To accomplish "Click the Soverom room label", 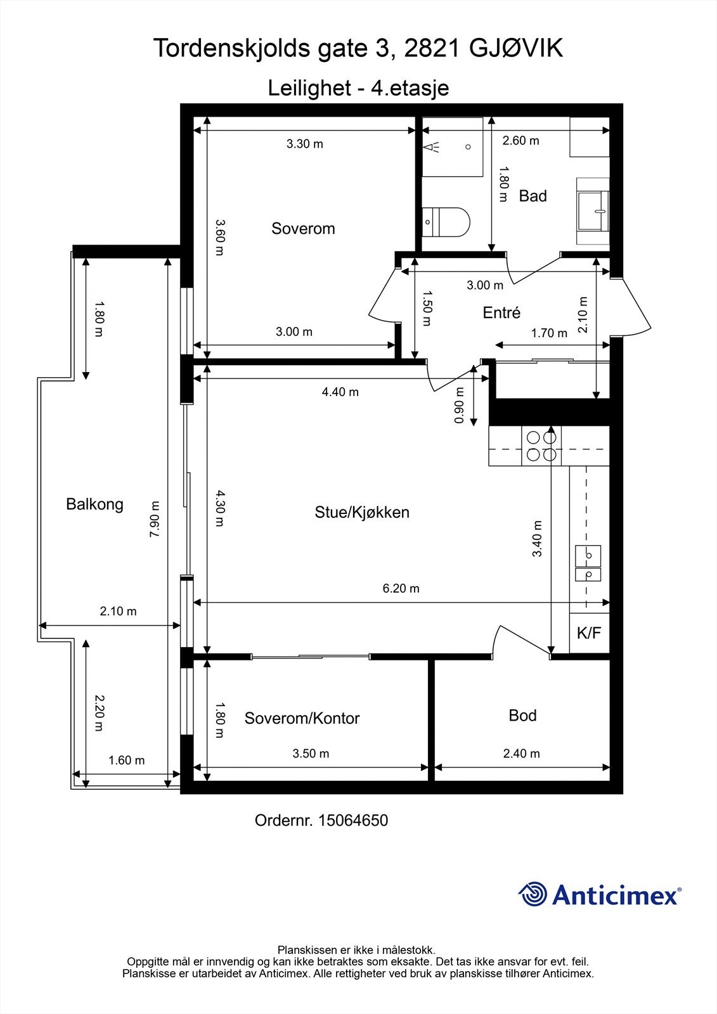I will (x=303, y=229).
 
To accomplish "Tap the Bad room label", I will (x=533, y=196).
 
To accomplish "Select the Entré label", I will (x=501, y=312).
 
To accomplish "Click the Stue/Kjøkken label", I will (x=362, y=512).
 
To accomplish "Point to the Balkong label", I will (x=94, y=504).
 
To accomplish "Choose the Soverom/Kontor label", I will (x=302, y=718).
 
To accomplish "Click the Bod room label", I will (x=522, y=716).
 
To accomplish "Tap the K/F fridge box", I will (x=589, y=632).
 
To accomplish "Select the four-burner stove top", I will (x=541, y=446).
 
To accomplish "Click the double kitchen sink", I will (x=588, y=563).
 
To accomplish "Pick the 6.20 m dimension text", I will (x=401, y=588).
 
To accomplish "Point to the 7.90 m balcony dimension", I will (x=155, y=520).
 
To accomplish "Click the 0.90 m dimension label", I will (x=460, y=406).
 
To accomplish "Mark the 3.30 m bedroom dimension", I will (x=304, y=144).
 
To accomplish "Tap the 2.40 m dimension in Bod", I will (x=521, y=754).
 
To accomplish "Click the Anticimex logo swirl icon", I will (x=533, y=894).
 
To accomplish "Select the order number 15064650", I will (x=352, y=820).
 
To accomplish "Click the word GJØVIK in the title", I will (x=515, y=48).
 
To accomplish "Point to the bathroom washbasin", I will (x=593, y=211).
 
